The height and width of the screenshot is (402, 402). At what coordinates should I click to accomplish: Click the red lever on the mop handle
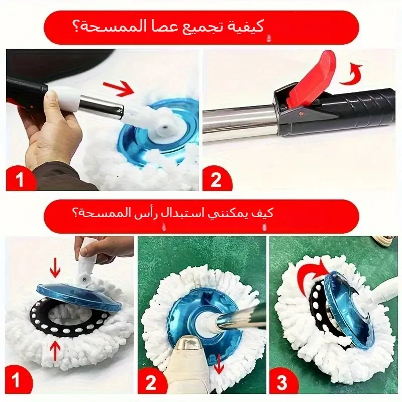(x=312, y=79)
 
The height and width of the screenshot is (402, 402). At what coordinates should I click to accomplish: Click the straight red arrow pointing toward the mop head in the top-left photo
(x=119, y=88)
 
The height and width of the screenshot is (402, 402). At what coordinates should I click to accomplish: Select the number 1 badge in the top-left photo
(x=21, y=179)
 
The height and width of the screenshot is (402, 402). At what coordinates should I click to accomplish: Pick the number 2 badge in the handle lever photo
(x=216, y=179)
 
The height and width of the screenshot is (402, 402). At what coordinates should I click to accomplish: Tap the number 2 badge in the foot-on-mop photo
(x=151, y=382)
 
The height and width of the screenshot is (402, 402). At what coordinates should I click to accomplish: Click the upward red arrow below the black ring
(x=55, y=352)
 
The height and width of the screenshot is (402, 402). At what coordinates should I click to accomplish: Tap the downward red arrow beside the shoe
(x=218, y=364)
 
